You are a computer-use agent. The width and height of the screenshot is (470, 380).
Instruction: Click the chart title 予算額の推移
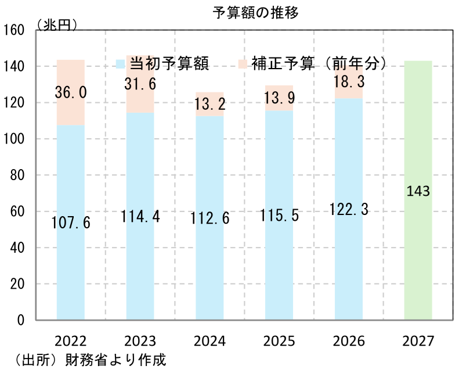[x=256, y=13]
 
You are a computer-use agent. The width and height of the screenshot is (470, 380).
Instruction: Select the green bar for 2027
[x=418, y=191]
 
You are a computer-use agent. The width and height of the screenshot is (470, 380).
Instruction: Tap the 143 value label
[x=418, y=191]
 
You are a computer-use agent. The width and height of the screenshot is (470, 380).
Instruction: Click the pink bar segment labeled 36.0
[x=71, y=92]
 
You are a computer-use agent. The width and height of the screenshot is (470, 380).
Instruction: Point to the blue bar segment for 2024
[x=209, y=218]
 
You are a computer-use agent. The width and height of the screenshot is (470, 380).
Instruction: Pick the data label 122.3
[x=349, y=209]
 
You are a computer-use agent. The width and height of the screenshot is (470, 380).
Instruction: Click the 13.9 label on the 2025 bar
[x=279, y=98]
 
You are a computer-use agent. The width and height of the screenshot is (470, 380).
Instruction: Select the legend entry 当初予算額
[x=162, y=64]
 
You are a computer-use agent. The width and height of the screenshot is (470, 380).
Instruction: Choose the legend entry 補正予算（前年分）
[x=313, y=64]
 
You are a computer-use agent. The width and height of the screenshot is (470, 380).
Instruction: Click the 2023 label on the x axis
[x=140, y=341]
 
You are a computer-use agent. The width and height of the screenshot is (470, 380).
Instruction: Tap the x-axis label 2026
[x=349, y=341]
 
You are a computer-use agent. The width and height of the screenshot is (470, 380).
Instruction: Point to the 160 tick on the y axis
[x=13, y=30]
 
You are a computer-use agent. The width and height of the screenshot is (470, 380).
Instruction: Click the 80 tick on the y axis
[x=17, y=175]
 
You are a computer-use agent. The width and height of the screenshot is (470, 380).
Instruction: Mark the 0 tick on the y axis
[x=21, y=320]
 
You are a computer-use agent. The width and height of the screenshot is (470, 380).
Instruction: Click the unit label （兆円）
[x=56, y=25]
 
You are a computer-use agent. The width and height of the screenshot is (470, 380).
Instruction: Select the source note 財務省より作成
[x=115, y=360]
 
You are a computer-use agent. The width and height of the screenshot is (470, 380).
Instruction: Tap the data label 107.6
[x=71, y=223]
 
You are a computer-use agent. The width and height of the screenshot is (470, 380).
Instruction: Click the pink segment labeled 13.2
[x=209, y=104]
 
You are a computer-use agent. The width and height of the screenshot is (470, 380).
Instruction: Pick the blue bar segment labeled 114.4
[x=140, y=216]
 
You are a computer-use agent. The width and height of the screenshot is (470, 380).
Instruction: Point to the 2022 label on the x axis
[x=71, y=341]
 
